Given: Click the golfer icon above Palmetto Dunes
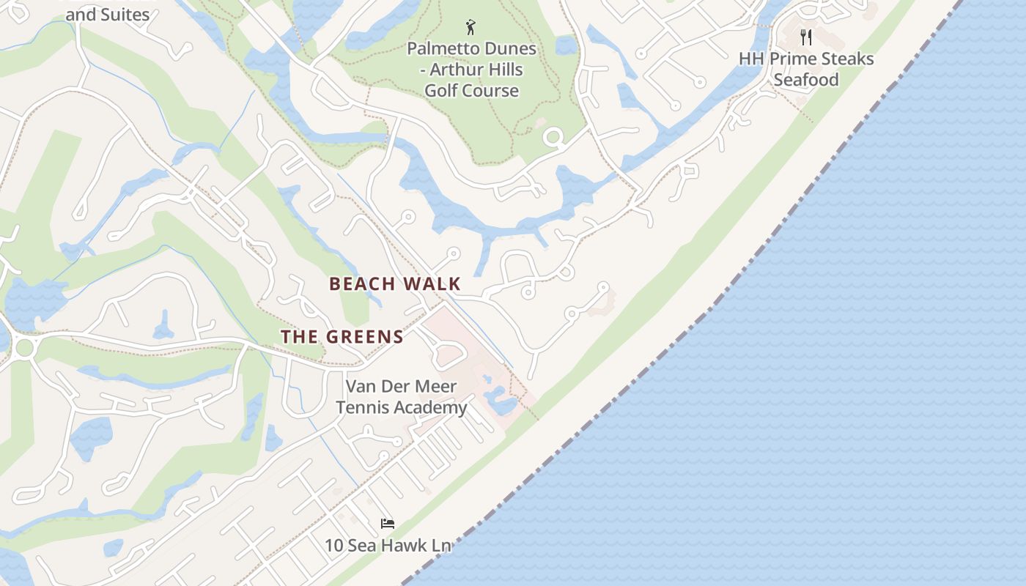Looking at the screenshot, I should click(470, 28).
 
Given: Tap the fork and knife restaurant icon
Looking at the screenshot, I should click(806, 37).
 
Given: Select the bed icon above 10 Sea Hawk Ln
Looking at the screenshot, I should click(388, 523).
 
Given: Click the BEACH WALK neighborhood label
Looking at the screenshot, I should click(395, 284).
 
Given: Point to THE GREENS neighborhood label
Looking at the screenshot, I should click(342, 337).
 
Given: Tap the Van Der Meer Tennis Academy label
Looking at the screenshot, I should click(402, 397).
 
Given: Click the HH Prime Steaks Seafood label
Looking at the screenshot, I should click(806, 69).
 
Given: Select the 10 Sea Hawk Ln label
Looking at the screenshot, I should click(388, 546).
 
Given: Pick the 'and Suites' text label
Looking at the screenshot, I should click(108, 15).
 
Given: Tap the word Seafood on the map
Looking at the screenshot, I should click(806, 79).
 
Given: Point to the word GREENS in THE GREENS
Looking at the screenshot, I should click(364, 337).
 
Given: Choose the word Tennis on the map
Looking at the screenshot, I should click(363, 407).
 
